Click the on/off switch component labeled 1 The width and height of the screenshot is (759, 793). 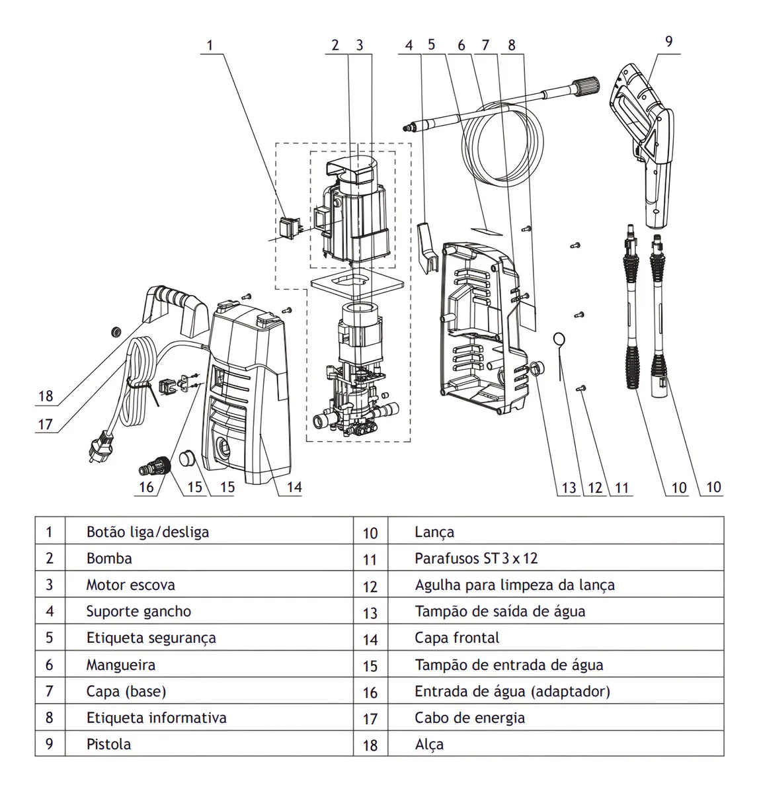point(290,228)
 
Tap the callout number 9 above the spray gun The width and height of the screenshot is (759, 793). point(668,41)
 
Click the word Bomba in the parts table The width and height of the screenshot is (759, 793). point(109,558)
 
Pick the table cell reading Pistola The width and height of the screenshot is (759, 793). point(108,744)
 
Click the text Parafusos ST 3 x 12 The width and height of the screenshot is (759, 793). point(476,558)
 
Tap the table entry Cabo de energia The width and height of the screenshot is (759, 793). point(469,718)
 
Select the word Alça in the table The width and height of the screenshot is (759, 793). point(429,744)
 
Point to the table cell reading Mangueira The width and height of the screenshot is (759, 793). point(120,665)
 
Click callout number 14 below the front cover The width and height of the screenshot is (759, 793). point(294,487)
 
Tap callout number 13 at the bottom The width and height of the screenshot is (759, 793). point(569,488)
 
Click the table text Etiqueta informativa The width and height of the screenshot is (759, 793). point(156,718)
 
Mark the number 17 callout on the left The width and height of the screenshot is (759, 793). point(45,424)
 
